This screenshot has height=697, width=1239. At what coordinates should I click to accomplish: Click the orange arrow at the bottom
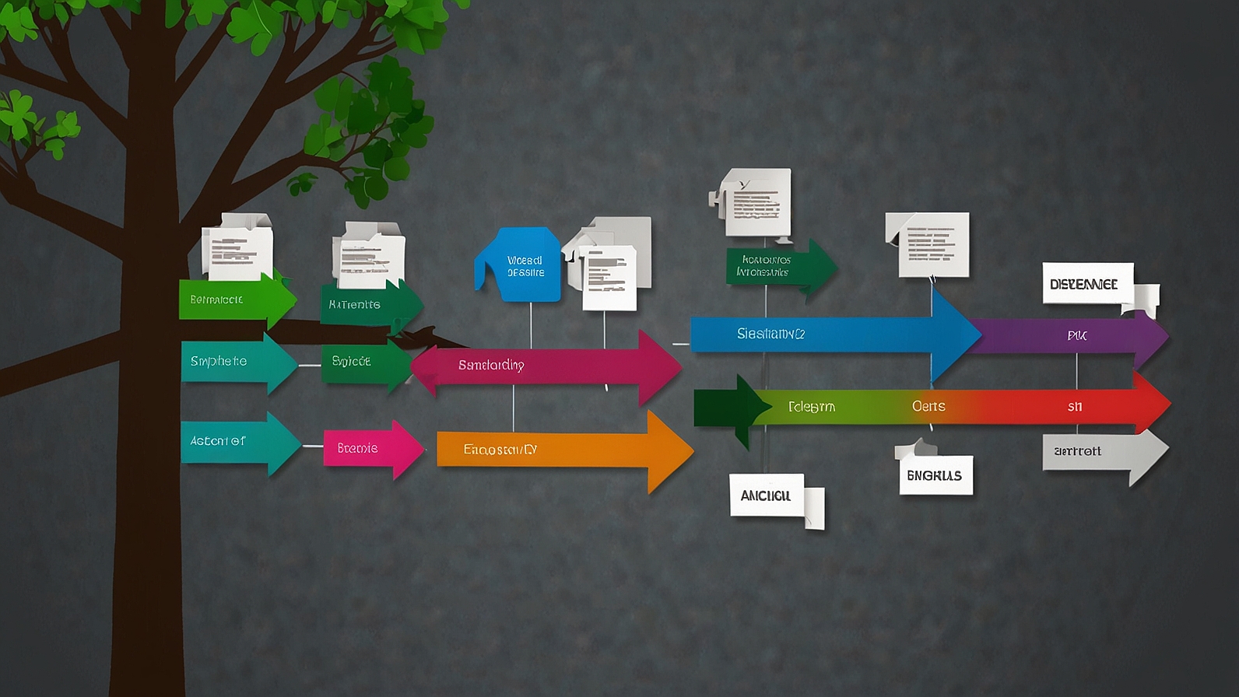pyautogui.click(x=560, y=450)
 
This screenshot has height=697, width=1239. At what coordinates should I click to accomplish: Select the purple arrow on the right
pyautogui.click(x=1074, y=336)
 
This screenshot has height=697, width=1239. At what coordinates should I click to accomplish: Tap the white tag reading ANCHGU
pyautogui.click(x=767, y=496)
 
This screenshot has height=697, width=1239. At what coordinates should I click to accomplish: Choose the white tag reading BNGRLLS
pyautogui.click(x=935, y=475)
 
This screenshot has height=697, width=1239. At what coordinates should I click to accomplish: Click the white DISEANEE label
pyautogui.click(x=1086, y=284)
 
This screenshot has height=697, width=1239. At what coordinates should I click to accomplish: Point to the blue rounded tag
pyautogui.click(x=520, y=265)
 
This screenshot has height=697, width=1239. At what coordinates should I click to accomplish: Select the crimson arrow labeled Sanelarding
pyautogui.click(x=545, y=366)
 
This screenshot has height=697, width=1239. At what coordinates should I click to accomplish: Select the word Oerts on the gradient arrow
pyautogui.click(x=928, y=406)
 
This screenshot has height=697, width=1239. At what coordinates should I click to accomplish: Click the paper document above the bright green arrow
pyautogui.click(x=237, y=248)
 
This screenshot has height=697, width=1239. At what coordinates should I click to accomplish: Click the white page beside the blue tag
pyautogui.click(x=609, y=277)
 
